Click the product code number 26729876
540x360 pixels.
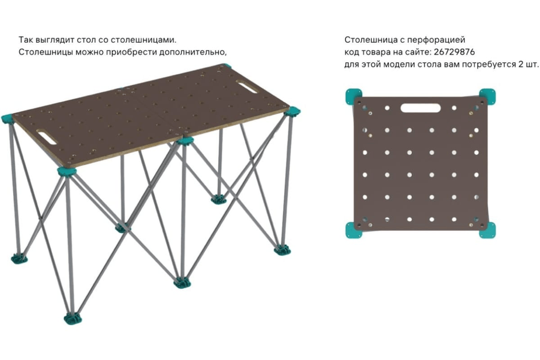(x=454, y=52)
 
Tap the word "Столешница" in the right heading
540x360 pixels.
(x=371, y=40)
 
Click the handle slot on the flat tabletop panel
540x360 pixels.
(x=420, y=108)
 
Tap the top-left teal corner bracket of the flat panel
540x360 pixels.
(x=353, y=96)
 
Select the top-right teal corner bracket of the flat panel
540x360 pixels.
(x=488, y=96)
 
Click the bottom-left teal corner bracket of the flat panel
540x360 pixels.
(x=353, y=230)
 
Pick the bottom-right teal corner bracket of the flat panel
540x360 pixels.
(x=488, y=230)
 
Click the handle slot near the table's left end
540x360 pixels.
(x=48, y=138)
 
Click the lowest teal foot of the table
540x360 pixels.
(x=73, y=318)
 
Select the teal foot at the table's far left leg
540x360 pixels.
(x=19, y=258)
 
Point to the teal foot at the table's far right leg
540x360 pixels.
(x=283, y=249)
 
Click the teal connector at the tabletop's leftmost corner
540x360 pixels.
(x=7, y=119)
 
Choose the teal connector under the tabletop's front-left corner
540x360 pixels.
(x=66, y=171)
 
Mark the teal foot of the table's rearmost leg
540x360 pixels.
(x=218, y=199)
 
